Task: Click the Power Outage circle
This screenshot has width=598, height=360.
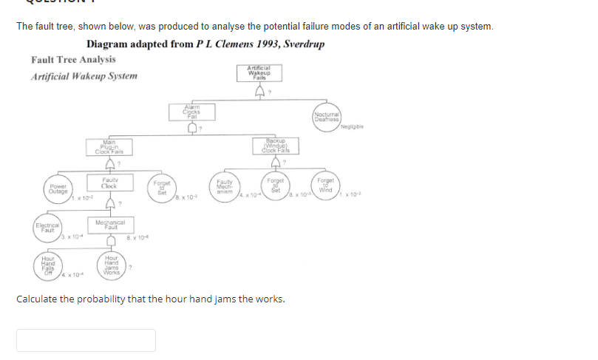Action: point(58,187)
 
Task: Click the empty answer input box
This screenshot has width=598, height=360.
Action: point(86,340)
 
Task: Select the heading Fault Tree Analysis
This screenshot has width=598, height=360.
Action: point(73,59)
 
